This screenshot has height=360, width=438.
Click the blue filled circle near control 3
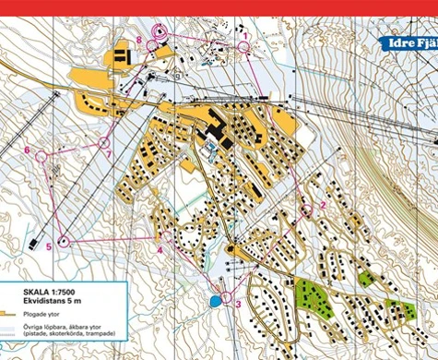[x=215, y=301]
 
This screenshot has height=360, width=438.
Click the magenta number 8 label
[x=138, y=39]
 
